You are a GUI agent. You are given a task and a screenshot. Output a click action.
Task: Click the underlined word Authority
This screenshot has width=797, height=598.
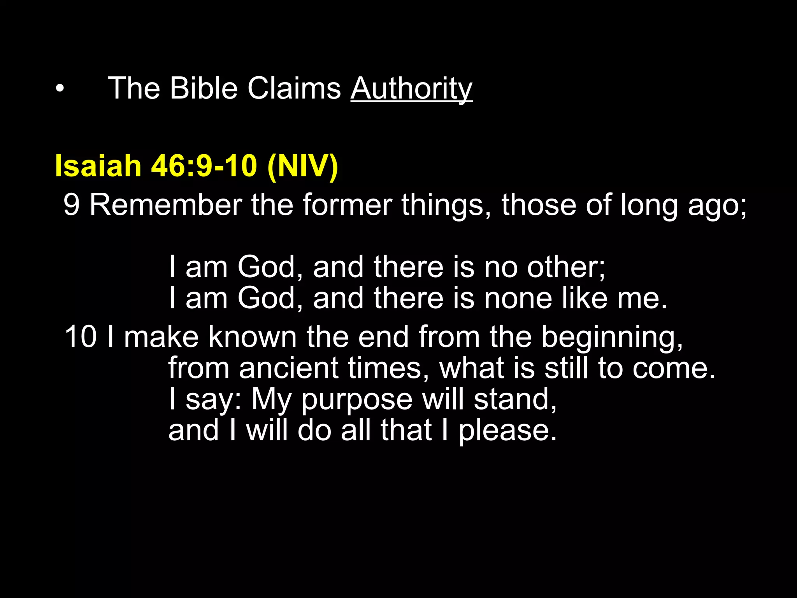point(411,89)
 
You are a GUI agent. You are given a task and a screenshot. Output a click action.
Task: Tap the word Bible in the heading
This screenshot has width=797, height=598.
point(203,88)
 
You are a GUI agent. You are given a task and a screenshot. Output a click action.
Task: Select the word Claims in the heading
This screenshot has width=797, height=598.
point(294,88)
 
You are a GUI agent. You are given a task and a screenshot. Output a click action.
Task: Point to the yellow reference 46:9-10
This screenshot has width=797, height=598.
point(204,165)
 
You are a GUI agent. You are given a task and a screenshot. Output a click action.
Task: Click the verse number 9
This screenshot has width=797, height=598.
point(72,205)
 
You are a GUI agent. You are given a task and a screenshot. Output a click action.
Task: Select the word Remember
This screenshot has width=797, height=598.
point(166,205)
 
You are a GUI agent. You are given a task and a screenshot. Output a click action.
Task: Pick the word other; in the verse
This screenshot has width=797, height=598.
point(566,267)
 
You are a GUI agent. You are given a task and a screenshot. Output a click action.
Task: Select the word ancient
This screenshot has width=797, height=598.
point(289,368)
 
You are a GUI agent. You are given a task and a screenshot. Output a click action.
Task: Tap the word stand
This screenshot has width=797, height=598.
point(515,399)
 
